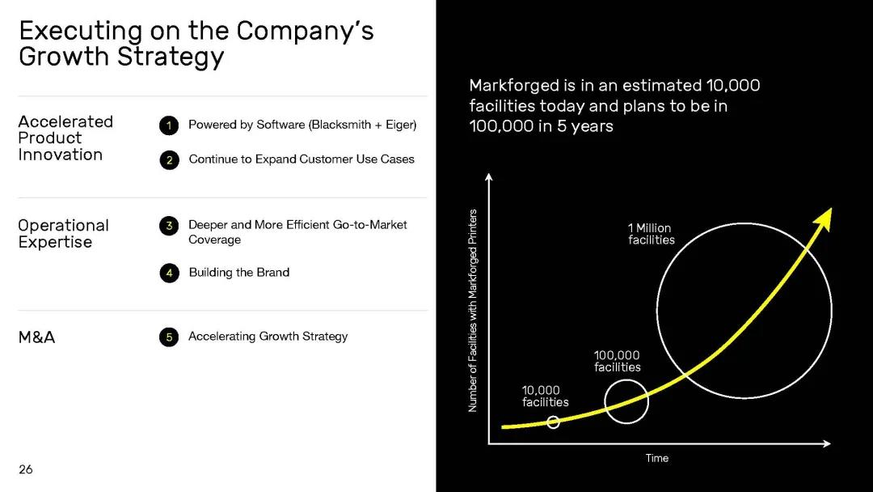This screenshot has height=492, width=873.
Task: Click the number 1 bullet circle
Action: pos(169,125)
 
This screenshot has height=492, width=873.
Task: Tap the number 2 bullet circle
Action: pos(169,160)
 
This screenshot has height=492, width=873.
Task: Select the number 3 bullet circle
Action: pos(169,226)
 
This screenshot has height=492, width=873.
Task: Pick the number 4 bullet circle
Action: pos(169,273)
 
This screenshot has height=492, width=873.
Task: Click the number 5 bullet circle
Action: pos(169,337)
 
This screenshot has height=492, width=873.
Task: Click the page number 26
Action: pos(26,469)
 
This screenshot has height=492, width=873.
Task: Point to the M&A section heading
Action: pos(36,337)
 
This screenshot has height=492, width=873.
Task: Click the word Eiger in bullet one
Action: pos(400,125)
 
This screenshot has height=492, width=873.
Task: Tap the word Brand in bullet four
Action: pos(273,272)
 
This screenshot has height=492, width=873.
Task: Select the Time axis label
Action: pos(657,458)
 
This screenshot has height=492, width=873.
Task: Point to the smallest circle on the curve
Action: pos(553,422)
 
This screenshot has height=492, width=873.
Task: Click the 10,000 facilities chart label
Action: pos(545,397)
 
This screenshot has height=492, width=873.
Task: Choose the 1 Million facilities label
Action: pos(652,234)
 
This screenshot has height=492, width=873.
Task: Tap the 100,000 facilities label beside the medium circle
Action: pos(617,361)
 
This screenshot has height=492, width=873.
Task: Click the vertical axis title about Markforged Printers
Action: pos(473,311)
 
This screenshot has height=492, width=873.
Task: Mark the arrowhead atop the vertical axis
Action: pos(489,177)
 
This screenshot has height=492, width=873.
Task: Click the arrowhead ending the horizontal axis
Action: pos(827,443)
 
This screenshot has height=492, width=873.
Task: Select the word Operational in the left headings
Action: pos(64,226)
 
